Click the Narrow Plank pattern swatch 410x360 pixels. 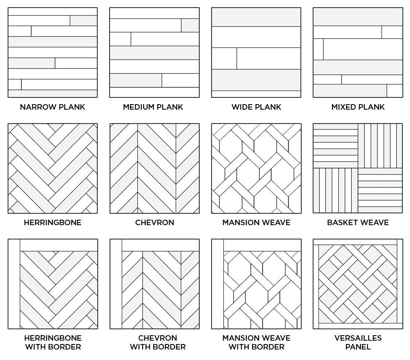52,53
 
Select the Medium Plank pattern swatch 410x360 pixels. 154,53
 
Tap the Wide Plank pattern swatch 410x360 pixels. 256,53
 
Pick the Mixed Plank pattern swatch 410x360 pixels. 358,53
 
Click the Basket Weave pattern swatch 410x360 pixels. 358,168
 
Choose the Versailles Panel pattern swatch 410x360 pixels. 358,284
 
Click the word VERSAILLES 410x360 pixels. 358,338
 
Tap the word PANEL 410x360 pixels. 358,347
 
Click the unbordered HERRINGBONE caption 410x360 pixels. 52,223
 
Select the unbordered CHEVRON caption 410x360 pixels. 154,223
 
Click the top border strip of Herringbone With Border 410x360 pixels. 58,245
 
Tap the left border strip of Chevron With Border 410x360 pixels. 116,284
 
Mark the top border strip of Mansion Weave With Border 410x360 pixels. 262,245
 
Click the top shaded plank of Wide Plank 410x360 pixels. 256,17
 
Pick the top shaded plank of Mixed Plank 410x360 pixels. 358,17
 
